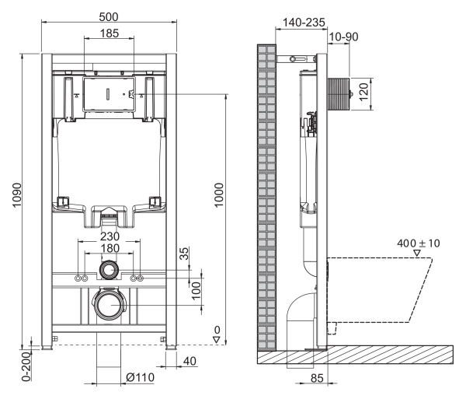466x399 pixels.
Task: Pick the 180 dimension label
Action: (x=110, y=247)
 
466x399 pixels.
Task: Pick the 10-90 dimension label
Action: (x=343, y=37)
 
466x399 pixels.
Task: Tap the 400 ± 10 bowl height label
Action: (x=418, y=243)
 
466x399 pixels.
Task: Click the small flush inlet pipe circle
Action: (x=109, y=271)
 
